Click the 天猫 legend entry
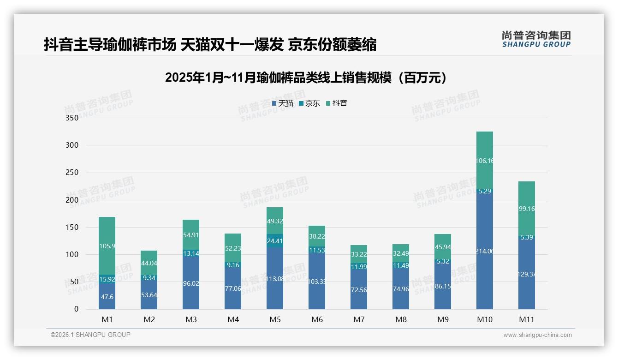click(283, 103)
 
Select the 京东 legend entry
click(309, 103)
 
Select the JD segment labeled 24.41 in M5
click(275, 240)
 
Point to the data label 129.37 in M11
click(527, 274)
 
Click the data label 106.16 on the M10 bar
click(485, 161)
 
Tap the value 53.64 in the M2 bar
click(149, 295)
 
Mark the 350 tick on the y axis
click(73, 118)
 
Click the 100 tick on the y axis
click(73, 254)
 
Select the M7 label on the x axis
click(359, 319)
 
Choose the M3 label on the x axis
click(191, 319)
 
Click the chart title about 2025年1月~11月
click(306, 78)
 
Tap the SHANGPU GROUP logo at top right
click(536, 39)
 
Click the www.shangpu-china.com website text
click(537, 335)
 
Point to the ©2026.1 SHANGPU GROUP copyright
click(90, 335)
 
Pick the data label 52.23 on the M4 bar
click(233, 248)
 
